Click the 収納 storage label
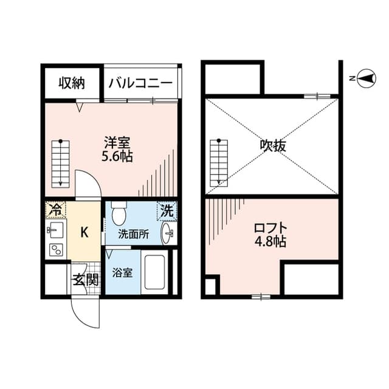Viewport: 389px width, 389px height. pos(71,83)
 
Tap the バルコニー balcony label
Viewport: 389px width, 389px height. pos(141,83)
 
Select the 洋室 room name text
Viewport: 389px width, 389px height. pos(117,143)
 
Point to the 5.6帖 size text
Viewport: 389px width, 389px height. pos(117,156)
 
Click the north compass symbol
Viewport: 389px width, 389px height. pos(366,78)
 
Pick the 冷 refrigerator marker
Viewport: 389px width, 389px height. pos(55,210)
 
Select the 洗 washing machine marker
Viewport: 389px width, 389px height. pos(167,210)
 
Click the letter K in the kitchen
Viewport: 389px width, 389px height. pos(86,232)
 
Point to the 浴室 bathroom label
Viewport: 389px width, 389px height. pos(122,274)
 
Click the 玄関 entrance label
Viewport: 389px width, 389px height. pos(86,281)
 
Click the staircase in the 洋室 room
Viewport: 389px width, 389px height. pos(60,163)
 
